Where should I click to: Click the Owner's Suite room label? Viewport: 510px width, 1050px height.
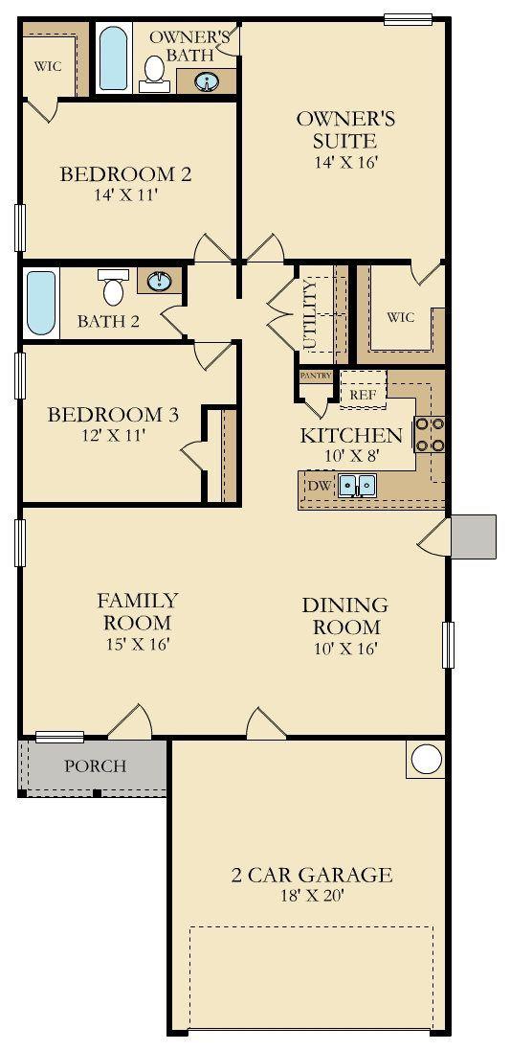[345, 130]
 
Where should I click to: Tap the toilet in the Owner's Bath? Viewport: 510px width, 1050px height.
[154, 74]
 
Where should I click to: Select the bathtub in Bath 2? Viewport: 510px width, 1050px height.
[41, 303]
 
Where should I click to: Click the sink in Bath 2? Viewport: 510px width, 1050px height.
[159, 281]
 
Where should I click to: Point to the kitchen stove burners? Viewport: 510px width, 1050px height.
[430, 434]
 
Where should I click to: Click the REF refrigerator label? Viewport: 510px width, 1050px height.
[363, 395]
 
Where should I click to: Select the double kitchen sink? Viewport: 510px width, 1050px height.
[357, 485]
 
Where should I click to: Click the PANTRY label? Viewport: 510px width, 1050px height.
[316, 376]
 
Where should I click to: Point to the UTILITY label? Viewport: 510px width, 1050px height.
[309, 315]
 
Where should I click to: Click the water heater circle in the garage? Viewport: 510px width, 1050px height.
[426, 760]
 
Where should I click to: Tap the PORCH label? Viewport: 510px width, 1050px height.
[95, 765]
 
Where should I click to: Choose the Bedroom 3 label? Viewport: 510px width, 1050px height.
[113, 415]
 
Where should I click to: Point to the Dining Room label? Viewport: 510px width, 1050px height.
[344, 616]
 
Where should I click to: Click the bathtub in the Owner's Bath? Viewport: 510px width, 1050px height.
[113, 57]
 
